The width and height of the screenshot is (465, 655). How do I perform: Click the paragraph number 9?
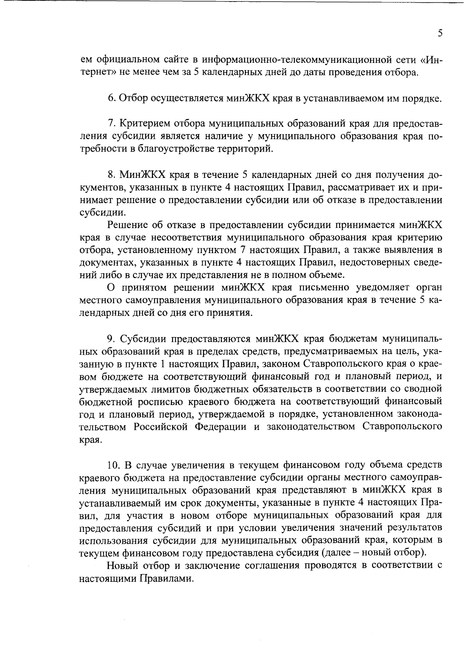tap(111, 339)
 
